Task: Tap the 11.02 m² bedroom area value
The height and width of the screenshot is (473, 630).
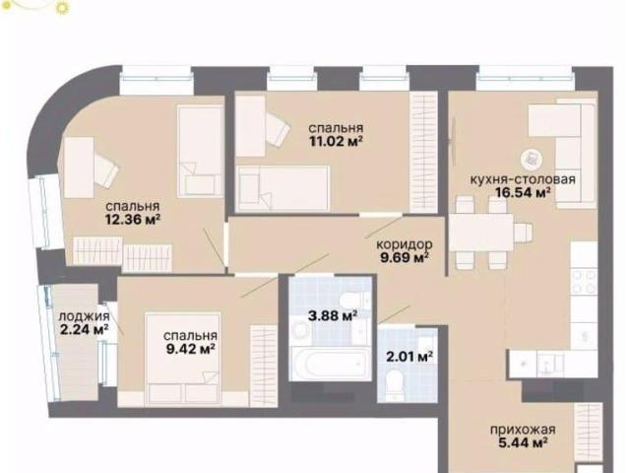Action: point(337,142)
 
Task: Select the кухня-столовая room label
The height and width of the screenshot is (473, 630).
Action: point(523,179)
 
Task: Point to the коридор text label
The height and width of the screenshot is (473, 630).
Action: point(405,244)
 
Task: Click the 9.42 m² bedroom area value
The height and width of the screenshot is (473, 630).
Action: point(190,349)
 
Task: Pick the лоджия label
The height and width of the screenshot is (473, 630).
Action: point(84,316)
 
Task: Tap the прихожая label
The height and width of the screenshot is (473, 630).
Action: point(523,430)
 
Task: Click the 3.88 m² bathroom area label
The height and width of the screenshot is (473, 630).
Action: point(333,315)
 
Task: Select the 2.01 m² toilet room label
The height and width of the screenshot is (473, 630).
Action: point(409,357)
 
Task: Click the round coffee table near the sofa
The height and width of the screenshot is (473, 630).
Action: point(532,160)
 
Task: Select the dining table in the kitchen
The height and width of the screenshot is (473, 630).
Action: point(481,233)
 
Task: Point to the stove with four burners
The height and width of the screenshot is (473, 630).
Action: point(584,282)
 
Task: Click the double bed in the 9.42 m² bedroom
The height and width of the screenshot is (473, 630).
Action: point(183,359)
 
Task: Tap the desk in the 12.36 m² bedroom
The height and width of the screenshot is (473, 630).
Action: point(79,168)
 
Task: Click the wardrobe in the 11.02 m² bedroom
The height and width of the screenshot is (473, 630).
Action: point(423,152)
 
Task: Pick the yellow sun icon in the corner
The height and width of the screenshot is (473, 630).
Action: point(61,7)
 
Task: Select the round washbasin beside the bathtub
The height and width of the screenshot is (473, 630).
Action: point(299,331)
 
